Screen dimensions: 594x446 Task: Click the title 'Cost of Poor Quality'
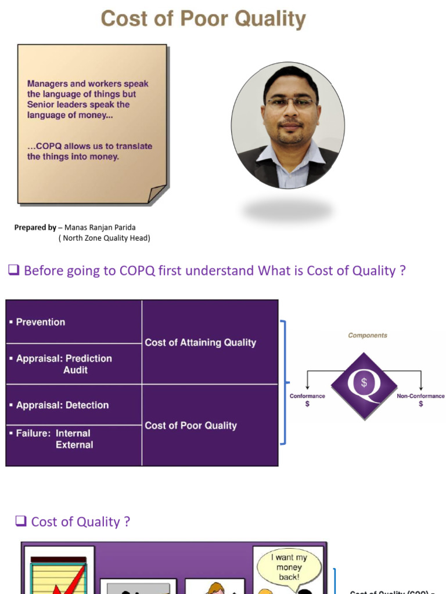tap(203, 19)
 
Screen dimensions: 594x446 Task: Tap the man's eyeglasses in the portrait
tap(290, 103)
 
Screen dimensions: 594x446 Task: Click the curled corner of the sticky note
tap(157, 194)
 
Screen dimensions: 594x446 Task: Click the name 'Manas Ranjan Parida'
tap(100, 227)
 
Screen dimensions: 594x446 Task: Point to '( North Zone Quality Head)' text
tap(104, 238)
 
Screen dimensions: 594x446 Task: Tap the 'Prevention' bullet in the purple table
tap(40, 322)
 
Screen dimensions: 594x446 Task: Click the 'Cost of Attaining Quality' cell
tap(200, 342)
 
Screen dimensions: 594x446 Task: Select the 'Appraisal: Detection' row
tap(62, 405)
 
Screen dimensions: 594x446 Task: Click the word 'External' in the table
tap(74, 445)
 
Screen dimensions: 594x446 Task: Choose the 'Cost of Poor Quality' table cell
tap(190, 425)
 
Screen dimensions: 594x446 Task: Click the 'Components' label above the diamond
tap(367, 335)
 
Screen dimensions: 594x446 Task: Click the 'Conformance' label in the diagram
tap(307, 396)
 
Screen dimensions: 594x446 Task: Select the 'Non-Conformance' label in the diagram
tap(420, 396)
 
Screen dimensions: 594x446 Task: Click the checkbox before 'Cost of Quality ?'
tap(21, 521)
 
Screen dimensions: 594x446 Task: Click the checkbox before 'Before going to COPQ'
tap(14, 270)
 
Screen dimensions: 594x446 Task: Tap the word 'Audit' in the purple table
tap(75, 370)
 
